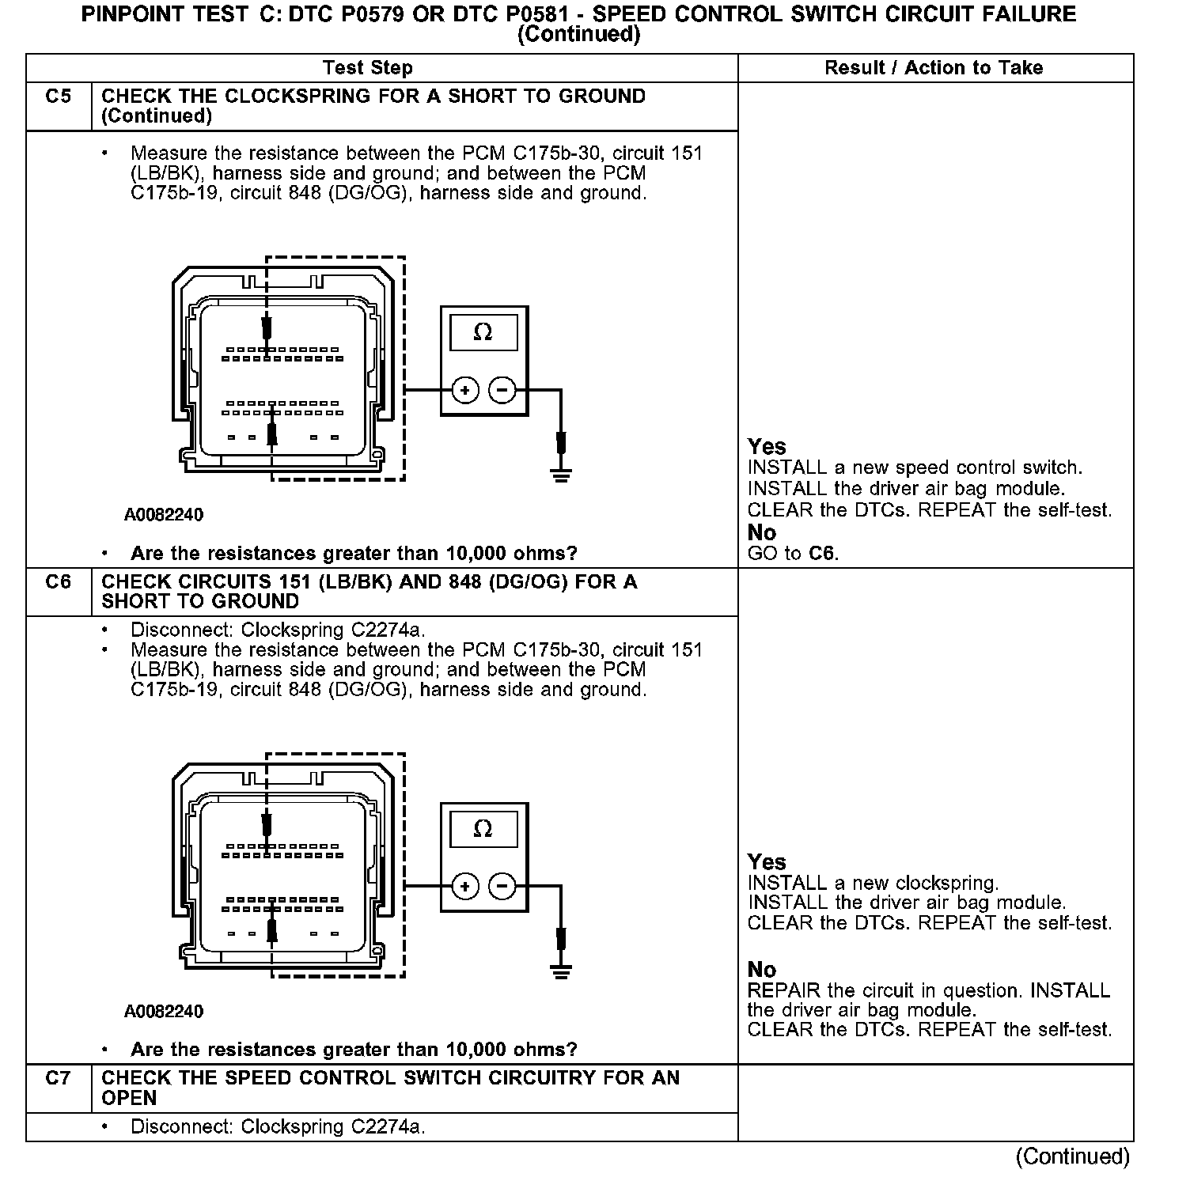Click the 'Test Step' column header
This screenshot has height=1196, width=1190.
(368, 68)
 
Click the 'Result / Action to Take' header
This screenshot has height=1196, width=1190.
(934, 68)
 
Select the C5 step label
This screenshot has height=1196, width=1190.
(58, 97)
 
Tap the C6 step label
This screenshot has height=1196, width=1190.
(58, 582)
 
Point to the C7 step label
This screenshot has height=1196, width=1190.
(58, 1078)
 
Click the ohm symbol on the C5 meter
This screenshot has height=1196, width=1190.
(483, 332)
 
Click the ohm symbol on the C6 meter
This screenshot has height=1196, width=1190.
(483, 828)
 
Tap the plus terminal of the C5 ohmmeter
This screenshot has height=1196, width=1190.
(465, 390)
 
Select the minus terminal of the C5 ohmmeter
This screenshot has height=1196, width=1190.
(502, 390)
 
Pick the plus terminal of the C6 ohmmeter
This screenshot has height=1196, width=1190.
(465, 886)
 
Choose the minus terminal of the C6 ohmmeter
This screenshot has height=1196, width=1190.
(502, 886)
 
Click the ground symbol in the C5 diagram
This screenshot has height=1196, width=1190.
(561, 475)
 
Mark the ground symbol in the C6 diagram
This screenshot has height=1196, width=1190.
(561, 972)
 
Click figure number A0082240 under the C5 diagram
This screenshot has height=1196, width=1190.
(164, 515)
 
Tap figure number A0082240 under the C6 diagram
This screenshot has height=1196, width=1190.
(164, 1012)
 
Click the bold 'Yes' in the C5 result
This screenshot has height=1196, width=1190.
(767, 447)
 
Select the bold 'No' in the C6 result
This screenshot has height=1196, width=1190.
(762, 970)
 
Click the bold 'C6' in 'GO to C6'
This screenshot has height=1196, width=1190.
(822, 554)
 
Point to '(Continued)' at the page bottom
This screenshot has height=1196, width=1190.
(1072, 1156)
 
